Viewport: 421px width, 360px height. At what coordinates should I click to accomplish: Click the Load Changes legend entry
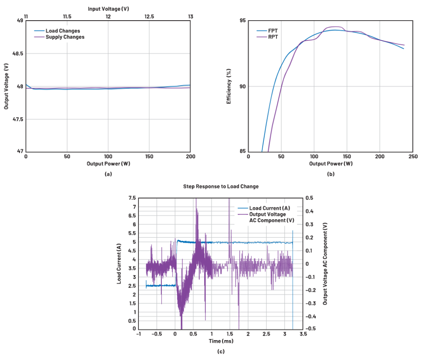[62, 31]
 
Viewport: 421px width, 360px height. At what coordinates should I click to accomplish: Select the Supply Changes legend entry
[65, 37]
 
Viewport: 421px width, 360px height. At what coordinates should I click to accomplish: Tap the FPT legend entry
[273, 30]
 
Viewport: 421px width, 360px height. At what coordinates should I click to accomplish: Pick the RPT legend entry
[273, 37]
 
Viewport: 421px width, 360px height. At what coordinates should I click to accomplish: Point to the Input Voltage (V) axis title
[108, 8]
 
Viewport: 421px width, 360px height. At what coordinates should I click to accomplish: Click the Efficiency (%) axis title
[229, 86]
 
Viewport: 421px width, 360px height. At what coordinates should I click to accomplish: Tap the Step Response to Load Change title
[221, 187]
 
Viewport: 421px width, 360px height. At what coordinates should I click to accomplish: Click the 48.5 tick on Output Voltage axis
[17, 53]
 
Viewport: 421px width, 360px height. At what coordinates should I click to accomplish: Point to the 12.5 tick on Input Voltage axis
[149, 17]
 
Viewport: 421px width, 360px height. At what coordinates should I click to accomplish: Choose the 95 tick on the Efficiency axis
[241, 20]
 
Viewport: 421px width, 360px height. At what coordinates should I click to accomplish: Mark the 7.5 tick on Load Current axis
[131, 198]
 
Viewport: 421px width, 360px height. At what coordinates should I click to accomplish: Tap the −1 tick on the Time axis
[138, 334]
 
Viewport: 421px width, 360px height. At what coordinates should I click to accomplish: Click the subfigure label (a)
[108, 174]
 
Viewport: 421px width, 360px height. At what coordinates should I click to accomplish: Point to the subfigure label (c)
[221, 352]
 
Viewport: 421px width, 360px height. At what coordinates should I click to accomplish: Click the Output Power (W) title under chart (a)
[108, 164]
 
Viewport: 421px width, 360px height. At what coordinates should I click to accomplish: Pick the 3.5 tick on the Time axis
[303, 334]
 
